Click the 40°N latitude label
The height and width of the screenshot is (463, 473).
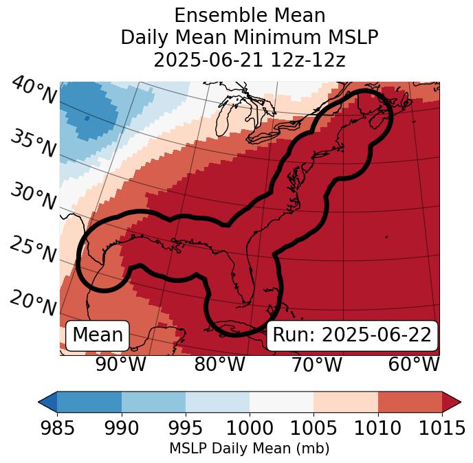coord(34,91)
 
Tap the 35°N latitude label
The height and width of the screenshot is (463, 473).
coord(33,143)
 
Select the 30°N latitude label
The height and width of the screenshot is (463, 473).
coord(33,197)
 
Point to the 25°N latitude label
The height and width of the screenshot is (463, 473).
coord(33,249)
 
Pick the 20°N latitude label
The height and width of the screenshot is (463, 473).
coord(33,302)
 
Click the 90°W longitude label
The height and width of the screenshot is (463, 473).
coord(120,364)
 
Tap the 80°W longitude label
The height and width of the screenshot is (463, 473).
coord(220,364)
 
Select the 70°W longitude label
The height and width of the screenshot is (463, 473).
coord(317,364)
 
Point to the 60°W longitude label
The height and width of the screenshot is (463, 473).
coord(414,364)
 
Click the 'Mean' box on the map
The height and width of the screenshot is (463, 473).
coord(98,335)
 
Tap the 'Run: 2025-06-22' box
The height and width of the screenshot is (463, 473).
coord(352,335)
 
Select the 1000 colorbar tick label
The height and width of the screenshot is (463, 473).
coord(250,428)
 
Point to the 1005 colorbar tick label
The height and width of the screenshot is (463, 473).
coord(313,428)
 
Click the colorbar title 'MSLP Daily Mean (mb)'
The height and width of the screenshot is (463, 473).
coord(249,449)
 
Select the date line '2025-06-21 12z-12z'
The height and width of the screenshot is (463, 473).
coord(250,60)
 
